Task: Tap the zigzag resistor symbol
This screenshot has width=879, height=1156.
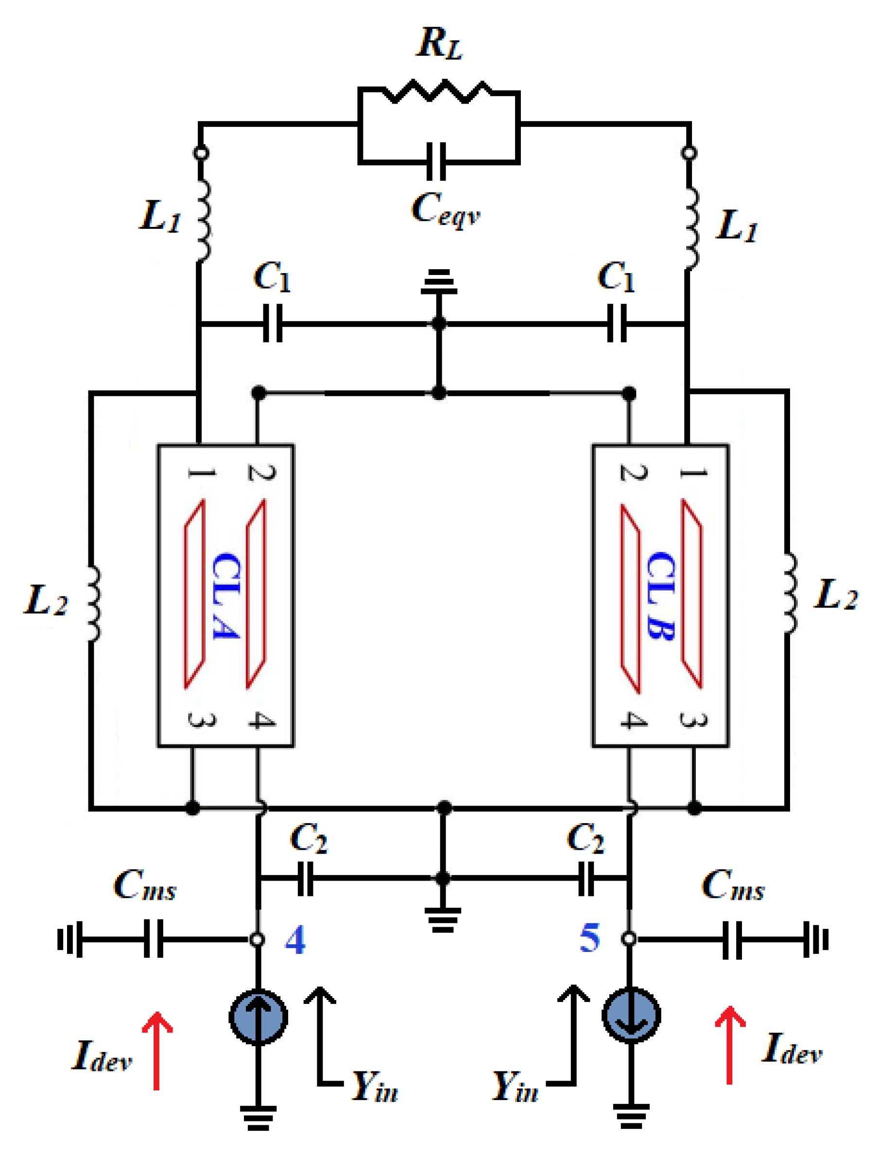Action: (x=438, y=91)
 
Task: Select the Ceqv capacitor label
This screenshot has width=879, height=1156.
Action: (x=445, y=209)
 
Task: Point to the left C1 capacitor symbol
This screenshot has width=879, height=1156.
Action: (x=272, y=324)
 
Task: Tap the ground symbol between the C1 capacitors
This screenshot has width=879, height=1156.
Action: (x=438, y=282)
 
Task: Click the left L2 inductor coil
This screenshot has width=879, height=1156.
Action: (x=93, y=603)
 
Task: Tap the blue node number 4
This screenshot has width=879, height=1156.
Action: (x=295, y=940)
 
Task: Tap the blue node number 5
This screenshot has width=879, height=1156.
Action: (x=590, y=938)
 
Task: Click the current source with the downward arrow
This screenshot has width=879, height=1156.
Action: (x=631, y=1016)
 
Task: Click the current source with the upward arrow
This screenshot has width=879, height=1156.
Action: (x=259, y=1018)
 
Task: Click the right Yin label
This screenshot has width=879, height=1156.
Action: (x=516, y=1087)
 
